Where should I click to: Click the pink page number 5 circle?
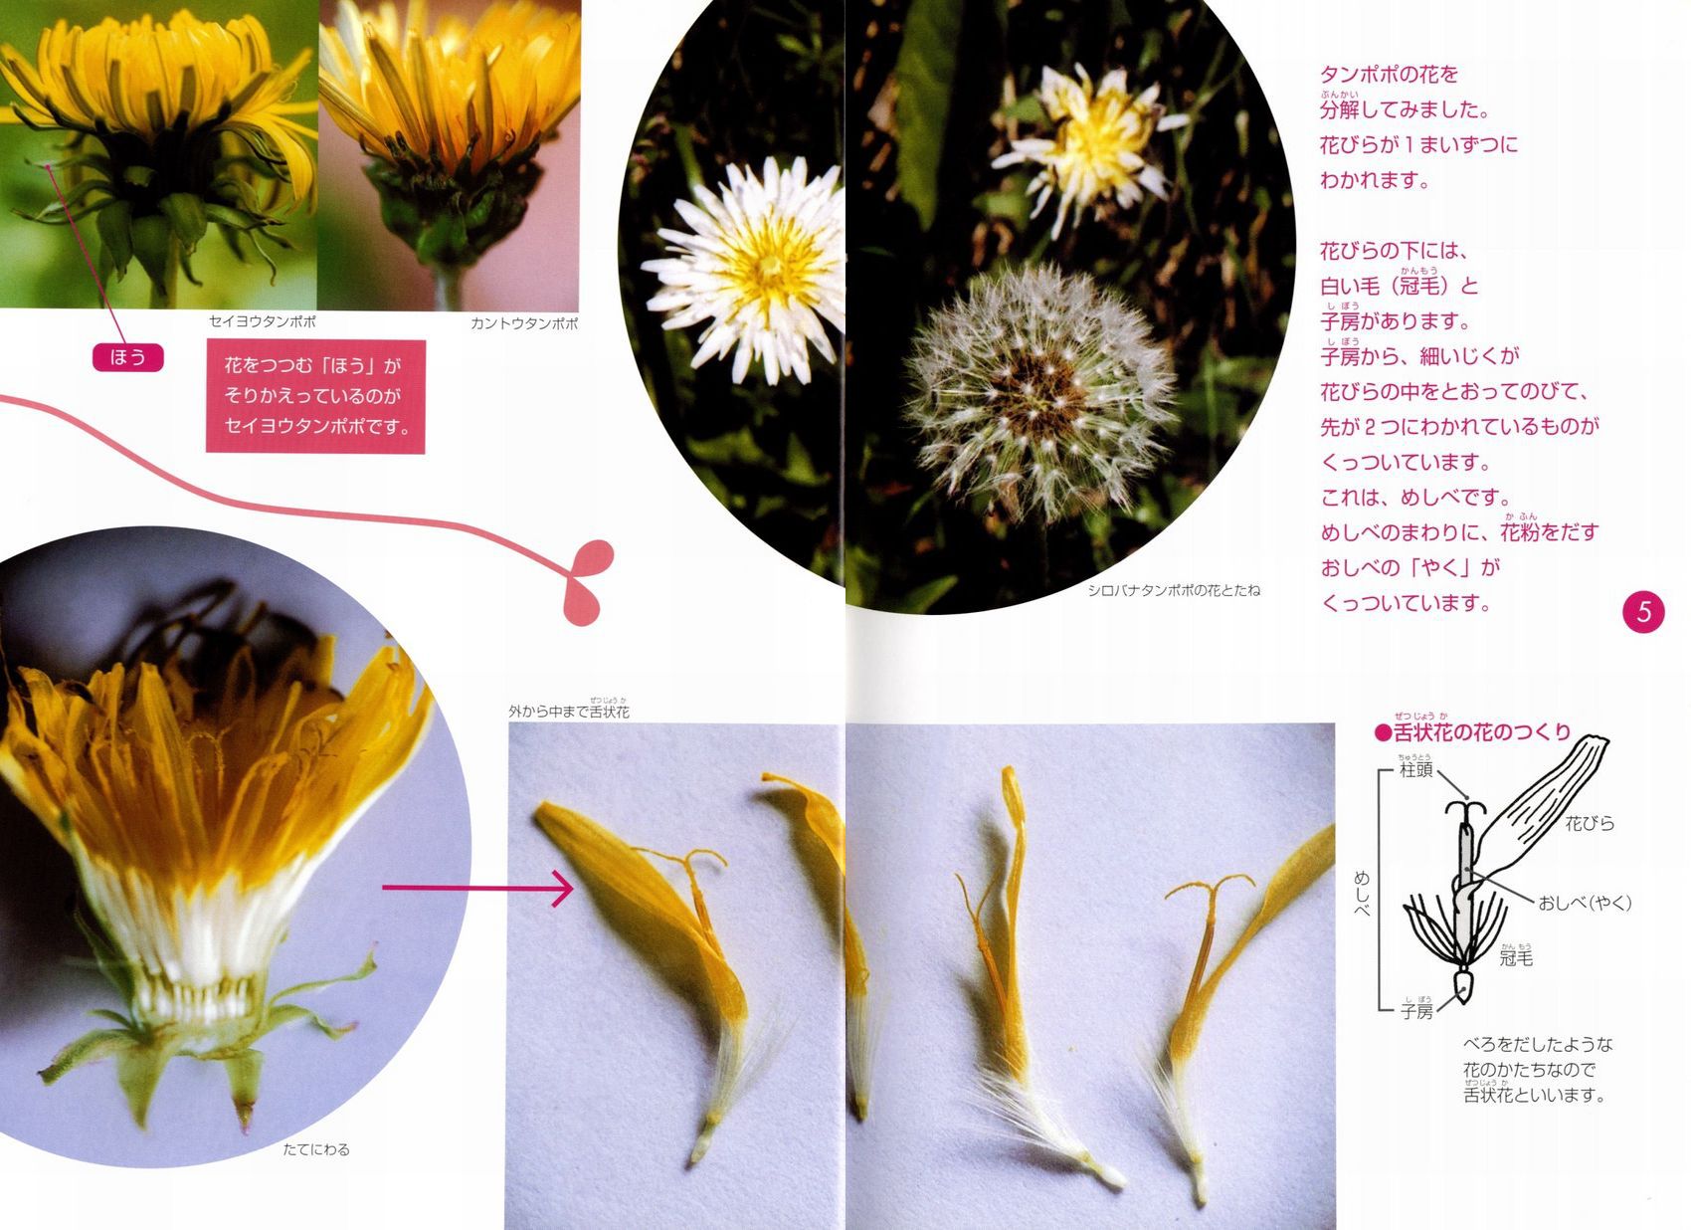[x=1643, y=612]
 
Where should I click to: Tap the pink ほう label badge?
[x=127, y=356]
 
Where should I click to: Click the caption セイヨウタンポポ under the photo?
[x=262, y=321]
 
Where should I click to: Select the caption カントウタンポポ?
[x=524, y=324]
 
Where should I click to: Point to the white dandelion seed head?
[x=1039, y=391]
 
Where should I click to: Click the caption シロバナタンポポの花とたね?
[x=1174, y=590]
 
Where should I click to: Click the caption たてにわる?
[x=316, y=1150]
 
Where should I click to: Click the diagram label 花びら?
[x=1590, y=824]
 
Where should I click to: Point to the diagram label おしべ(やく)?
[x=1586, y=903]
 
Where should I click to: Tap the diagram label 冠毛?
[x=1516, y=958]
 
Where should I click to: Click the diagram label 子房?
[x=1416, y=1010]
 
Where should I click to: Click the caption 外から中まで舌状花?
[x=568, y=711]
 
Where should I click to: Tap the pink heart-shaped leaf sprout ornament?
[x=587, y=581]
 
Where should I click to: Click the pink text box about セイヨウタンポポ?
[x=315, y=396]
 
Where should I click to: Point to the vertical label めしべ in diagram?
[x=1361, y=894]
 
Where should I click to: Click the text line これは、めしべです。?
[x=1415, y=497]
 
